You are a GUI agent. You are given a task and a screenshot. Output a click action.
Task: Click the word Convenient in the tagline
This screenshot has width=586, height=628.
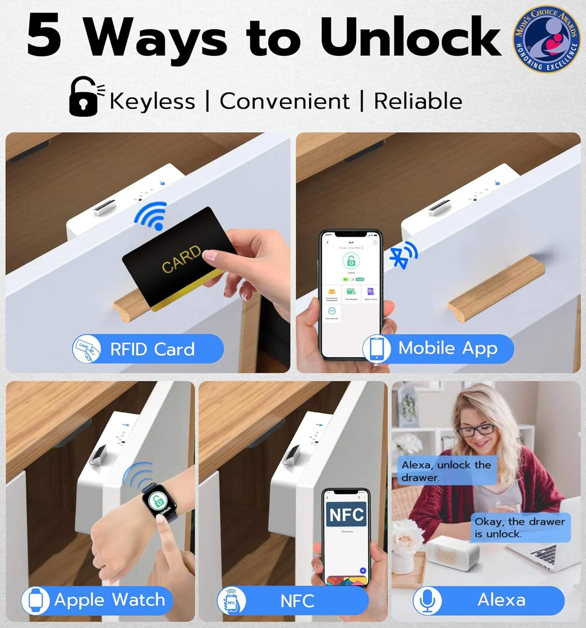pyautogui.click(x=285, y=101)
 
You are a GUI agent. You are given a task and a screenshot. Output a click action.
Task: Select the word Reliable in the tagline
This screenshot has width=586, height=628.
pyautogui.click(x=418, y=101)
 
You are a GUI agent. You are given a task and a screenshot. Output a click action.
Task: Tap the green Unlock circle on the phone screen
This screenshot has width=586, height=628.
pyautogui.click(x=351, y=261)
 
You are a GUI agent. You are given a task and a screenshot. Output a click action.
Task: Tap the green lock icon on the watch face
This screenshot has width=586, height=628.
pyautogui.click(x=157, y=500)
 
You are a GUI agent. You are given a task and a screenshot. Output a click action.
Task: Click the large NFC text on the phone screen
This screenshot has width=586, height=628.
pyautogui.click(x=346, y=515)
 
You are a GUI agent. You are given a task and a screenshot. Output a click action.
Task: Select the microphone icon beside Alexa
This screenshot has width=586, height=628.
pyautogui.click(x=427, y=600)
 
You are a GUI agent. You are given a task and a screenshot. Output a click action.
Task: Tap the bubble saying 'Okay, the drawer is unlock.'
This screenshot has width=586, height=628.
pyautogui.click(x=520, y=528)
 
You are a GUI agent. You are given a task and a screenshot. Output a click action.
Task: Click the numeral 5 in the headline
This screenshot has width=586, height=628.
pyautogui.click(x=44, y=35)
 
